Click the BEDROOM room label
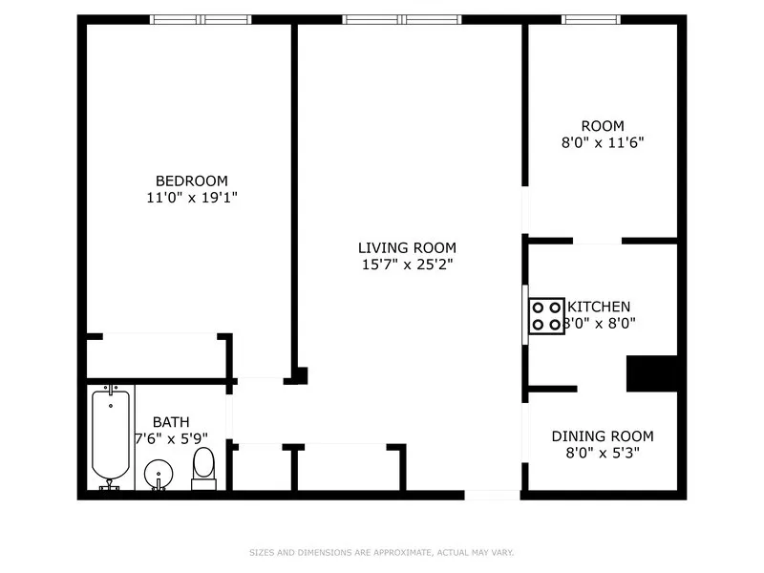tap(192, 180)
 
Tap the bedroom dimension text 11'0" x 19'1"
tap(192, 198)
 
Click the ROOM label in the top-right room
tap(603, 126)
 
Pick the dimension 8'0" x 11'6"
tap(603, 143)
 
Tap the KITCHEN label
tap(599, 307)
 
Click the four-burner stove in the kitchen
tap(547, 316)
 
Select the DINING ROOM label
tap(603, 436)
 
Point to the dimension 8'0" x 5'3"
tap(603, 454)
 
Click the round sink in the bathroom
tap(159, 474)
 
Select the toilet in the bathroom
tap(203, 468)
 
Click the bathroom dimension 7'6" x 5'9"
tap(171, 438)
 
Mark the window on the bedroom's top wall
tap(201, 19)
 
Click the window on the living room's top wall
tap(402, 19)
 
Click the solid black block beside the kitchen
tap(651, 373)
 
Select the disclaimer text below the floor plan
tap(382, 552)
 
